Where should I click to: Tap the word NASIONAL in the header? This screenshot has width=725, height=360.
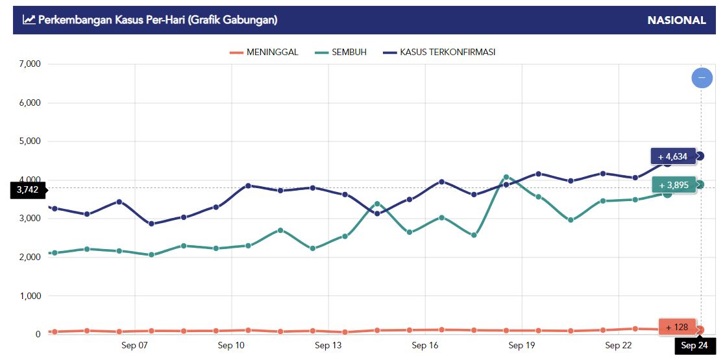point(676,20)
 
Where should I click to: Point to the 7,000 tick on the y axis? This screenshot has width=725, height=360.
point(29,64)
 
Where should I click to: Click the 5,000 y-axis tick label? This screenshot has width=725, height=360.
point(29,141)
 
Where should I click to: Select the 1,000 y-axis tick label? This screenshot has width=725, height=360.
point(29,296)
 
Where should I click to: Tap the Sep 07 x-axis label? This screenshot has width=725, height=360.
point(134,346)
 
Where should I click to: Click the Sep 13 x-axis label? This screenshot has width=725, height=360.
point(328,346)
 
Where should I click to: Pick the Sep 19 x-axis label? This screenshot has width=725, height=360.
point(521,346)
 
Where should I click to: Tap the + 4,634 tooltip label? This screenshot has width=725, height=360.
point(673,156)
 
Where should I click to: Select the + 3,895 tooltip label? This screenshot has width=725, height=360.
point(674,185)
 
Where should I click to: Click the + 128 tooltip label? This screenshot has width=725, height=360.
point(677,328)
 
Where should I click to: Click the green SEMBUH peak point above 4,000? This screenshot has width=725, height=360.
point(506,177)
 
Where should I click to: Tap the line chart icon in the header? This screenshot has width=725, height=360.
point(29,20)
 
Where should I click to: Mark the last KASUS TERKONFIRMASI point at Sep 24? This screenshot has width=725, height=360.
point(700,156)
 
